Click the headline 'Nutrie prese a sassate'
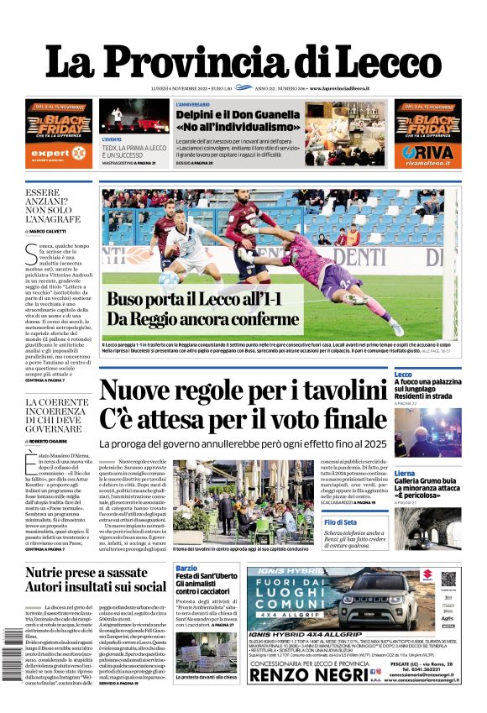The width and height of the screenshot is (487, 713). [x=86, y=574]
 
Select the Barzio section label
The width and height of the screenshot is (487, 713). [x=186, y=568]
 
